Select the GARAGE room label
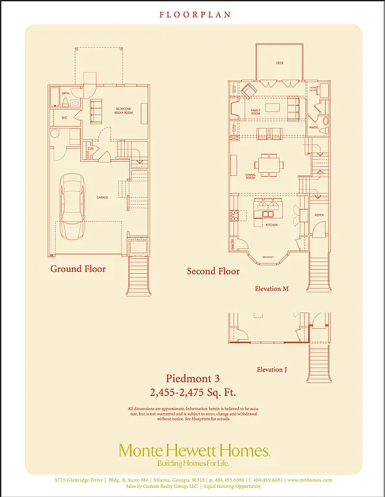click(x=102, y=197)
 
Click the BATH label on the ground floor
click(x=65, y=93)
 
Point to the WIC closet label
click(x=65, y=118)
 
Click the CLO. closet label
click(x=90, y=148)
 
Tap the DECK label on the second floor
click(x=280, y=63)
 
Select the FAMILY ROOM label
click(x=259, y=111)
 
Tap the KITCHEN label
click(x=271, y=225)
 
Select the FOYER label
click(x=318, y=215)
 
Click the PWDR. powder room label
click(x=313, y=127)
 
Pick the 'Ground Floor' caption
click(x=78, y=269)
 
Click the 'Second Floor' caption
click(x=213, y=271)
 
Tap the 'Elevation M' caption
click(x=272, y=289)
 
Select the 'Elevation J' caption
click(x=271, y=370)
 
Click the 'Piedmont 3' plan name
click(x=192, y=379)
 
